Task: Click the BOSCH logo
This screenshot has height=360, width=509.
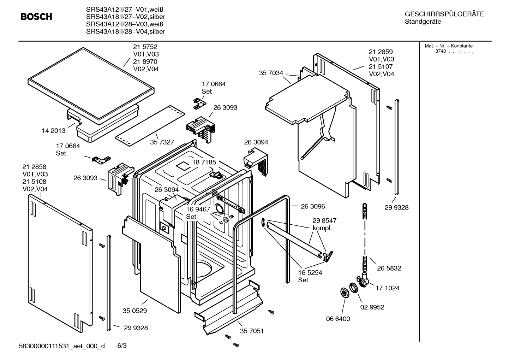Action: click(36, 17)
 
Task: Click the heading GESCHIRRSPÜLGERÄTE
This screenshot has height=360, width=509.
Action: click(444, 14)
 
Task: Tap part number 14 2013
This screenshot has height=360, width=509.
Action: click(53, 130)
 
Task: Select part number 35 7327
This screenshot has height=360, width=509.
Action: click(162, 142)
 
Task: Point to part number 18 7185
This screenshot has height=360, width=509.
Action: click(204, 162)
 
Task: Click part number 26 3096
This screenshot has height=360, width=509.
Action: click(313, 206)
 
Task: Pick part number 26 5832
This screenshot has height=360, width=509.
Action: click(389, 268)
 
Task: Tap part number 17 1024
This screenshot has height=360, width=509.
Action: click(387, 288)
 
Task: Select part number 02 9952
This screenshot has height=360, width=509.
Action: click(372, 307)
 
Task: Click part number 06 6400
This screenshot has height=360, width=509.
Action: click(338, 319)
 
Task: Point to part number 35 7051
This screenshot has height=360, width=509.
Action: click(252, 331)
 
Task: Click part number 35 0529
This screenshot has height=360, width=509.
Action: click(135, 311)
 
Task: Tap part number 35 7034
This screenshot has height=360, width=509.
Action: click(271, 73)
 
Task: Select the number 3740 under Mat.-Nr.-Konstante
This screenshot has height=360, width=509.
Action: click(441, 51)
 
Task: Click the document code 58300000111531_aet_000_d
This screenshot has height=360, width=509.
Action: click(62, 346)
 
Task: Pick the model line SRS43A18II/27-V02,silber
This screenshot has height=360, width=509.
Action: click(125, 17)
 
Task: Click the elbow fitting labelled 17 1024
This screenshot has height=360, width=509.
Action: click(363, 281)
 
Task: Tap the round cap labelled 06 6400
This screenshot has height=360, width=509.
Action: click(345, 293)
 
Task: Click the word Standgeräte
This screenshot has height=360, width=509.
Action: click(423, 22)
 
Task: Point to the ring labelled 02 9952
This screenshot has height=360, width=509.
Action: click(353, 288)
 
